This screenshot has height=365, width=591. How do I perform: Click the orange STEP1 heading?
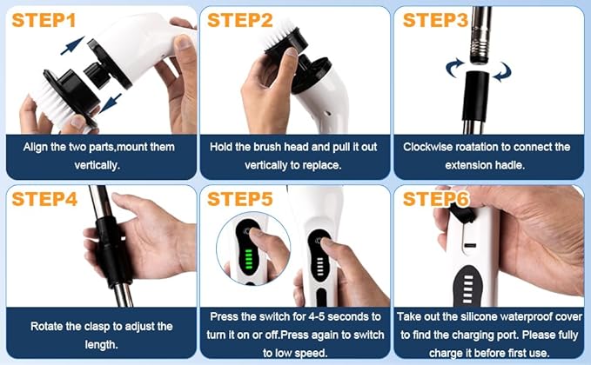44,20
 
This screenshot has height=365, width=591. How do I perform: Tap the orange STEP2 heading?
239,20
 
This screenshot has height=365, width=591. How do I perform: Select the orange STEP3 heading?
435,20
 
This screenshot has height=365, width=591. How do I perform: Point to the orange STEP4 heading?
44,199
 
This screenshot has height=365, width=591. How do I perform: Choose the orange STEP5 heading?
239,199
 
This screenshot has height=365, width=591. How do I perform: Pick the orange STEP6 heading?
436,199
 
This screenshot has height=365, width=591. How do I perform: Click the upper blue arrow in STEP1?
72,45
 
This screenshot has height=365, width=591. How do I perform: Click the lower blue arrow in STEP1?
110,103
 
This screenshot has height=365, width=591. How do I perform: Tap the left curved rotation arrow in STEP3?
455,68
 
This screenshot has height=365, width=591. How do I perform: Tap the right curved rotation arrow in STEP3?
502,71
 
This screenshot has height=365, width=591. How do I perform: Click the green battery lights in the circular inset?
248,258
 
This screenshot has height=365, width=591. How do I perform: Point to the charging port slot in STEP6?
470,245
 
